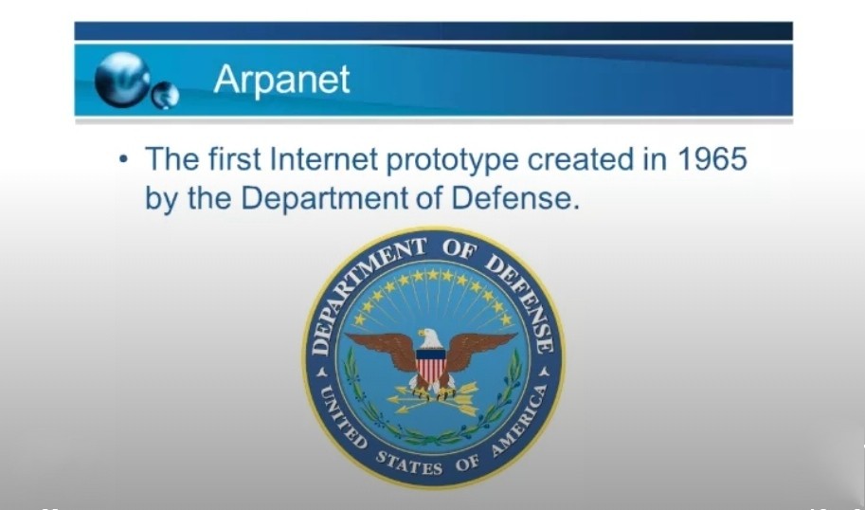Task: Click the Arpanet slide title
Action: [x=281, y=80]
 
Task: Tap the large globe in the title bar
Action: [x=122, y=80]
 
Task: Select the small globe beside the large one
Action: [x=166, y=95]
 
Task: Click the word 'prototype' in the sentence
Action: [x=452, y=161]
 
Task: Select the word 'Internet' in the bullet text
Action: [x=324, y=159]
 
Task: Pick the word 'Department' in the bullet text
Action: [x=324, y=199]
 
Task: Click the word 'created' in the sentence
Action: [x=581, y=159]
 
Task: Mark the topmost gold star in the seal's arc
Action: [x=433, y=274]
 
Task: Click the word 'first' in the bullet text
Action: [x=234, y=159]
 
